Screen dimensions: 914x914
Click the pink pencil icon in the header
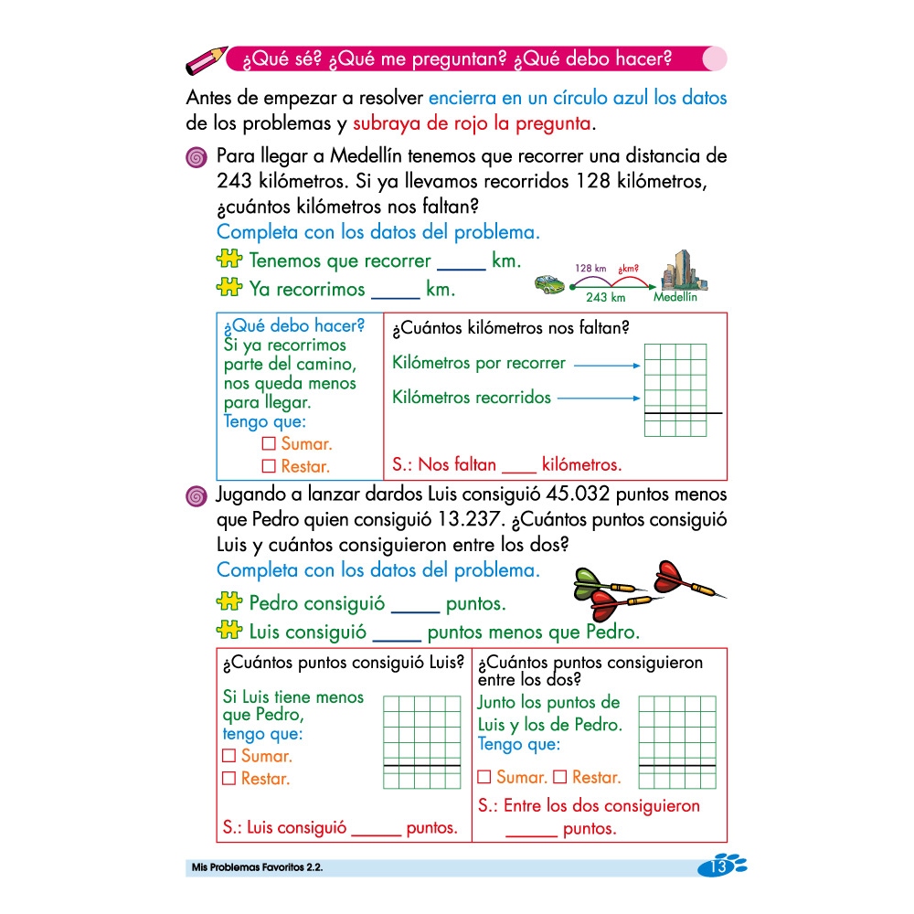click(206, 60)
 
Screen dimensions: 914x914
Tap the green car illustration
click(552, 284)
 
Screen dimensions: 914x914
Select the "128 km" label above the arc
click(590, 268)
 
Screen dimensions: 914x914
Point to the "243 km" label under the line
click(605, 297)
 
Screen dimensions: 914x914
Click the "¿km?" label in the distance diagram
click(629, 268)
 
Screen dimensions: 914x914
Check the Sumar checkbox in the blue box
click(269, 444)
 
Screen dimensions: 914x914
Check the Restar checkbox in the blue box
click(269, 466)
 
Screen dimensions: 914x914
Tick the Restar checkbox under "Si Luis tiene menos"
click(229, 779)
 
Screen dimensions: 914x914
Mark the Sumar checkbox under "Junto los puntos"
click(484, 778)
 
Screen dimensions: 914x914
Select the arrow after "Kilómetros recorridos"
click(599, 399)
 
